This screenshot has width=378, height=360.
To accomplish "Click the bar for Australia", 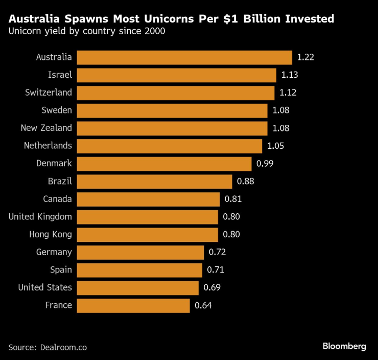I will pos(184,57).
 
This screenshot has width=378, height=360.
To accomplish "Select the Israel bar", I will pos(176,75).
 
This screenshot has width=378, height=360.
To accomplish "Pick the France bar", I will pos(133,305).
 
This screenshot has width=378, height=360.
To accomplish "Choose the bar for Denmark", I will pos(164,164).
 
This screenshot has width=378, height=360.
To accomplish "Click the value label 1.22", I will pos(305,57).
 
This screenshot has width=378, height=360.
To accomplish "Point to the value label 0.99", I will pos(265,164).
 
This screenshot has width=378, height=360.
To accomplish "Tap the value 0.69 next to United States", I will pos(211,288).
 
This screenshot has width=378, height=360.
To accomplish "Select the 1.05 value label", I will pos(275,146).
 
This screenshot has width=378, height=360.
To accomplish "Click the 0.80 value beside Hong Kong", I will pos(231,235).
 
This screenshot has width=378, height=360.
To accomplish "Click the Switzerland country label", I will pos(49,93).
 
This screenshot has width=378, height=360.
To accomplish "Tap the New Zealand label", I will pos(46,128).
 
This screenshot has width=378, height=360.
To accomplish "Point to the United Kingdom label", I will pos(40,217).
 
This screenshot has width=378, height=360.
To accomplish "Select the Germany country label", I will pos(54,252).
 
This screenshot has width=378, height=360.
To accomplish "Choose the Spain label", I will pos(61,270).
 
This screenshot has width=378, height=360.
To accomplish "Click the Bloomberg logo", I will pos(344,346).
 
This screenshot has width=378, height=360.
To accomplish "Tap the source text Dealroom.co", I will pos(62,347).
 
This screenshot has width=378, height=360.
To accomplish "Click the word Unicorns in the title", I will pos(167,19).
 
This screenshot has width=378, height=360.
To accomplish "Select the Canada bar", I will pos(148,199).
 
